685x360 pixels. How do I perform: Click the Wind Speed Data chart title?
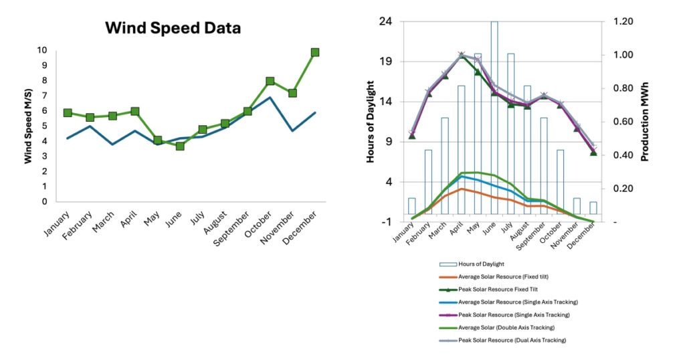[173, 28]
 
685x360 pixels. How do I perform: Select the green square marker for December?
[315, 52]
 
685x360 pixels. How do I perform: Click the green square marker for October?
[270, 81]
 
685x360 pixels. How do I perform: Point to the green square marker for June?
[180, 145]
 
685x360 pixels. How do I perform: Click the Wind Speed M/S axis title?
[29, 125]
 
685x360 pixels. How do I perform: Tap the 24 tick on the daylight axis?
[386, 21]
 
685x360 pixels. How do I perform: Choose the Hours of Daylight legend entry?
[482, 264]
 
